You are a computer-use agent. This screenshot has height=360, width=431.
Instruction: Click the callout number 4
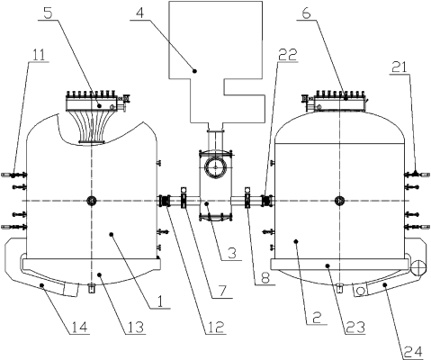139,13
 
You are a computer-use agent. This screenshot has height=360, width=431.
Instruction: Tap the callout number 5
49,13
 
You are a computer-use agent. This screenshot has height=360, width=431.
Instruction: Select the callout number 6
305,13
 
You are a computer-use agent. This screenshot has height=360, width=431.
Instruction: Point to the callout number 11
39,55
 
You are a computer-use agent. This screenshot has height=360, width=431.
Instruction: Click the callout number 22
287,54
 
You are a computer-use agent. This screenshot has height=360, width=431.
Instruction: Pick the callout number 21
399,67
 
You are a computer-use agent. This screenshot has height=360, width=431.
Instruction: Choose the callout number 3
231,253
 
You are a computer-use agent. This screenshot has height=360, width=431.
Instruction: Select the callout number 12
215,327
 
